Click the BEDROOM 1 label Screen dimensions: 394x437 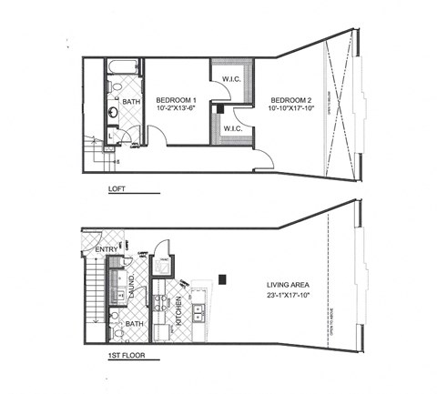[177, 99]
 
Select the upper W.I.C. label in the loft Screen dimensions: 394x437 [232, 79]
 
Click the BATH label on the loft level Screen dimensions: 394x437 [133, 102]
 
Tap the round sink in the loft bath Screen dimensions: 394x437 [111, 114]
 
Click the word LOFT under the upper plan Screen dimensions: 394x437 [116, 189]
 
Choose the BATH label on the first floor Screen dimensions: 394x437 [134, 324]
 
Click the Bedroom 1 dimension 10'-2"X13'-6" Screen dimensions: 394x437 [177, 109]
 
